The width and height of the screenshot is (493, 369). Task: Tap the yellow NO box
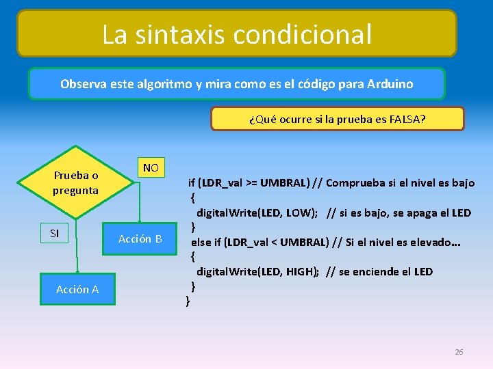[151, 167]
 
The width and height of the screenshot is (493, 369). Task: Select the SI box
[55, 234]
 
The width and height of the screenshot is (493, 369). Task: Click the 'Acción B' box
[140, 238]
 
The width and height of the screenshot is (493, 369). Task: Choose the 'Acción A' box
[77, 290]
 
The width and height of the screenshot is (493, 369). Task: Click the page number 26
[459, 352]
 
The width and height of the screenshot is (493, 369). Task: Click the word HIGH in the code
[299, 271]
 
